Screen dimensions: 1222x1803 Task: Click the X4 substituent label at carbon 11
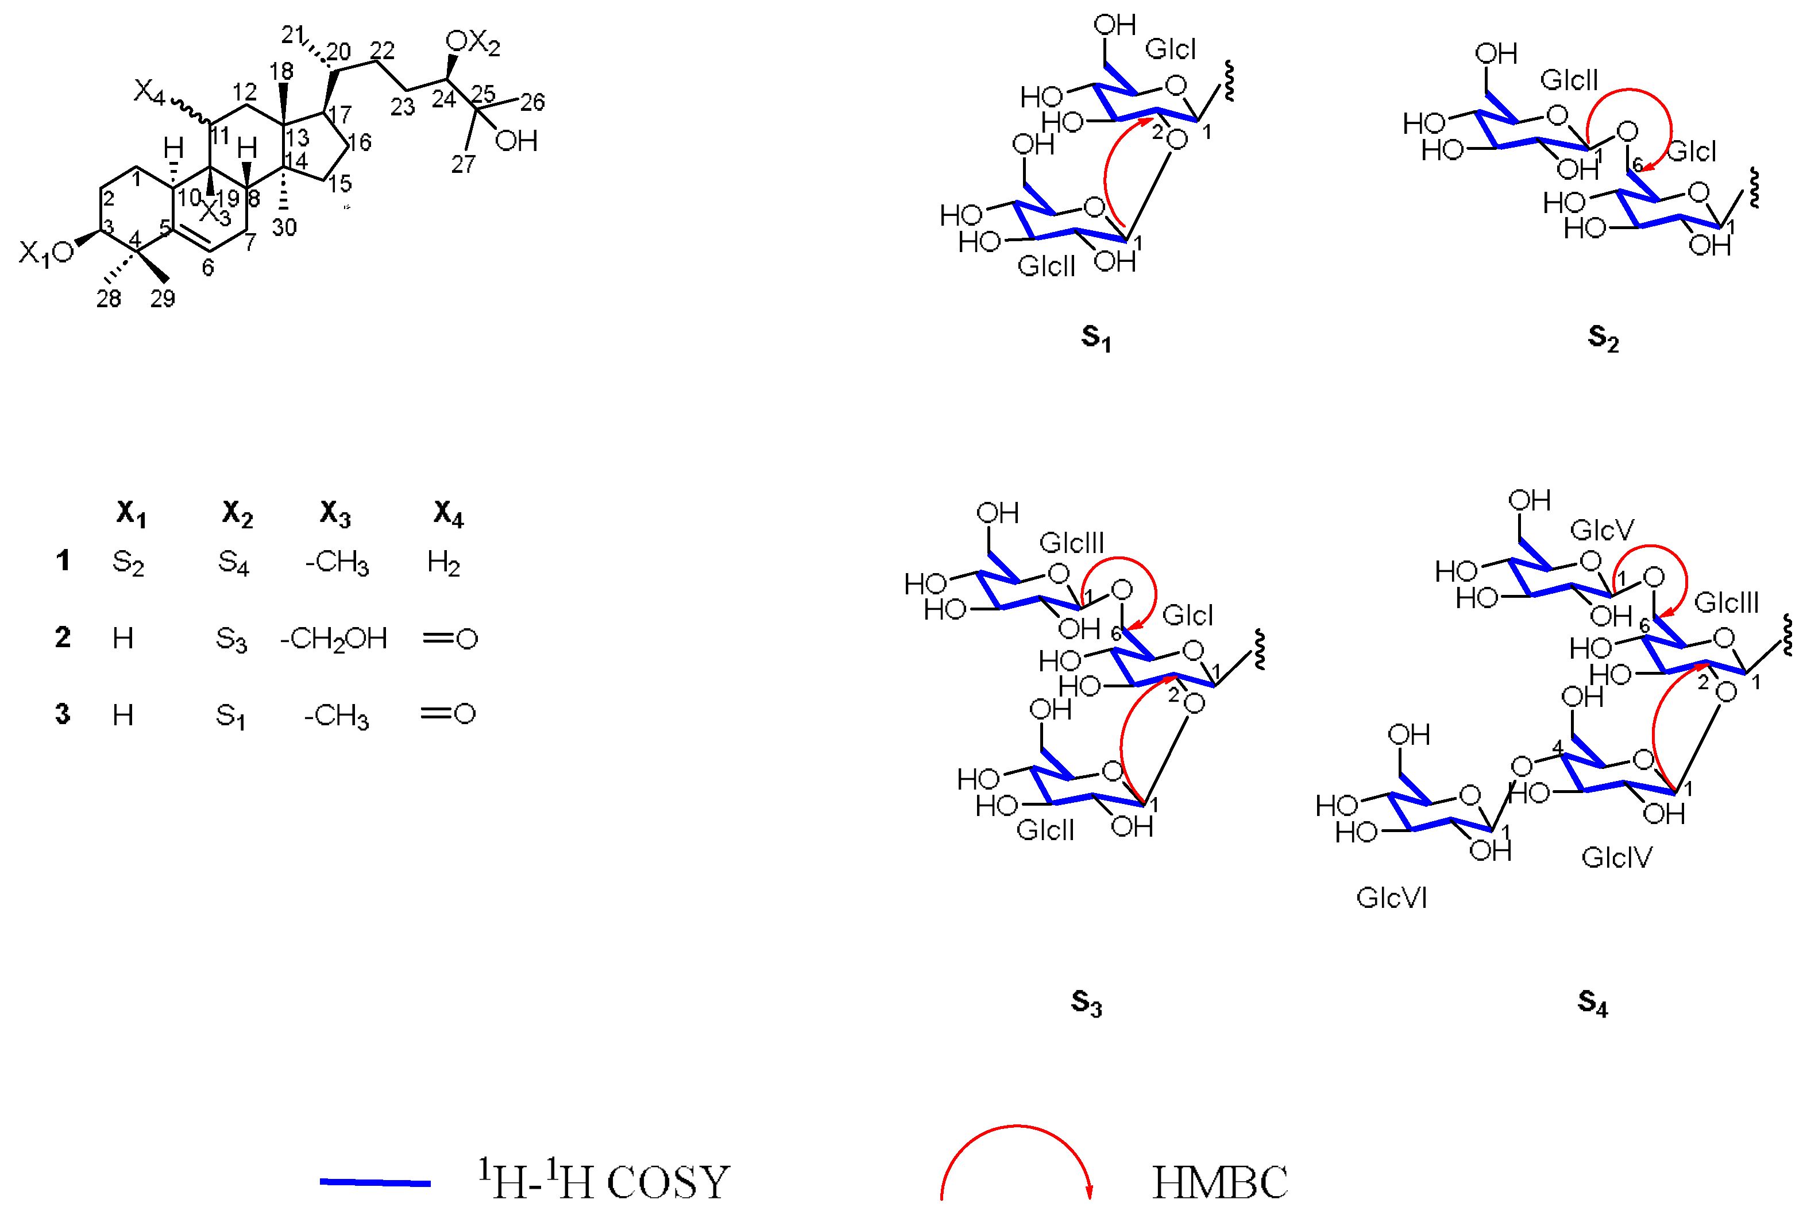pyautogui.click(x=149, y=92)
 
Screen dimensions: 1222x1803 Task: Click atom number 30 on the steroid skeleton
pyautogui.click(x=284, y=227)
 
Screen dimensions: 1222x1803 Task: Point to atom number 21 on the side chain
pyautogui.click(x=292, y=35)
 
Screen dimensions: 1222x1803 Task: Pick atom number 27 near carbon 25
pyautogui.click(x=463, y=164)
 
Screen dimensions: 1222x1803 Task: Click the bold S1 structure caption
pyautogui.click(x=1095, y=338)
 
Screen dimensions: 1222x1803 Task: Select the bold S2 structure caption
pyautogui.click(x=1603, y=338)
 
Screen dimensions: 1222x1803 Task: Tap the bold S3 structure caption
pyautogui.click(x=1086, y=1003)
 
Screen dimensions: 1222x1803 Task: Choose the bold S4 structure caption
pyautogui.click(x=1592, y=1003)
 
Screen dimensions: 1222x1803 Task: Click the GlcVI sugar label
pyautogui.click(x=1391, y=898)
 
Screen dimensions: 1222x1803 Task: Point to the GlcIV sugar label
pyautogui.click(x=1617, y=857)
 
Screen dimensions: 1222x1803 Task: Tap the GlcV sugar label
pyautogui.click(x=1602, y=531)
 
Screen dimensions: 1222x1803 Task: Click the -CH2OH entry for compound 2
pyautogui.click(x=334, y=639)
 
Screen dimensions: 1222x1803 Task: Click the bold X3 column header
pyautogui.click(x=335, y=513)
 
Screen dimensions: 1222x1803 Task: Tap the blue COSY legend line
pyautogui.click(x=376, y=1182)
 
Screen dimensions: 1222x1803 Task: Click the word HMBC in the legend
pyautogui.click(x=1219, y=1182)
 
